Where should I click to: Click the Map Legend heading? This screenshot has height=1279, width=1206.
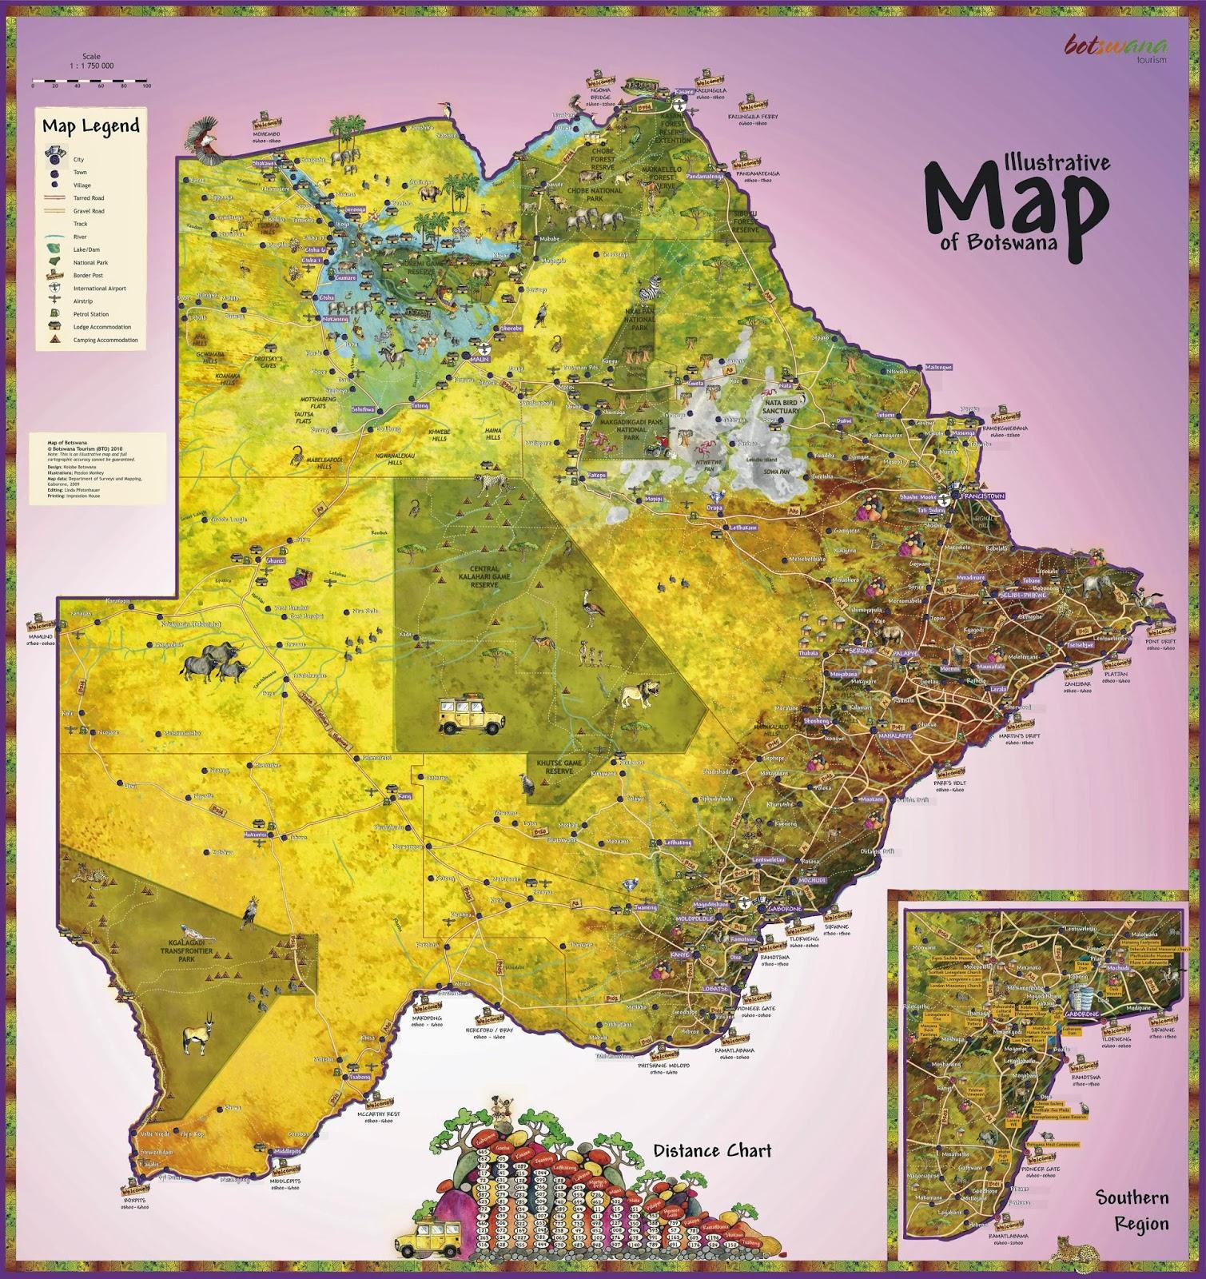coord(90,126)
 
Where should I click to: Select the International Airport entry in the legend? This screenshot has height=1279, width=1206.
coord(99,289)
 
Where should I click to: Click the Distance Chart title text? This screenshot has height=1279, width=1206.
coord(712,1150)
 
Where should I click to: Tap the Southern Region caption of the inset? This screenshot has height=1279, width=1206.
coord(1132,1209)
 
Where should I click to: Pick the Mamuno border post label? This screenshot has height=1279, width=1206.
coord(38,636)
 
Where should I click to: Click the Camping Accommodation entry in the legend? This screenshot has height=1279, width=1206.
coord(105,340)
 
